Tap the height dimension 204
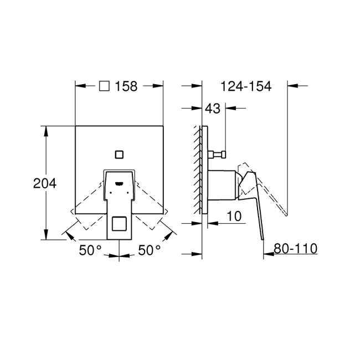coord(45,183)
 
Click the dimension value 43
coord(213,109)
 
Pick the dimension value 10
coord(234,217)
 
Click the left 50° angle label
coord(90,250)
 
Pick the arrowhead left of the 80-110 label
coord(267,255)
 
